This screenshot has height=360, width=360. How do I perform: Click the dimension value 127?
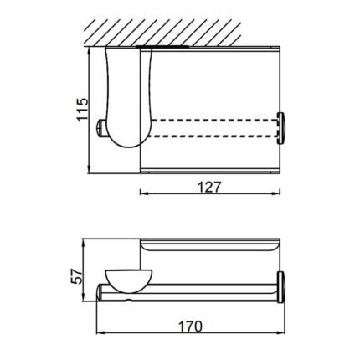click(212, 187)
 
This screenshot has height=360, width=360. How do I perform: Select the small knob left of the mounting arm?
click(102, 127)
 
